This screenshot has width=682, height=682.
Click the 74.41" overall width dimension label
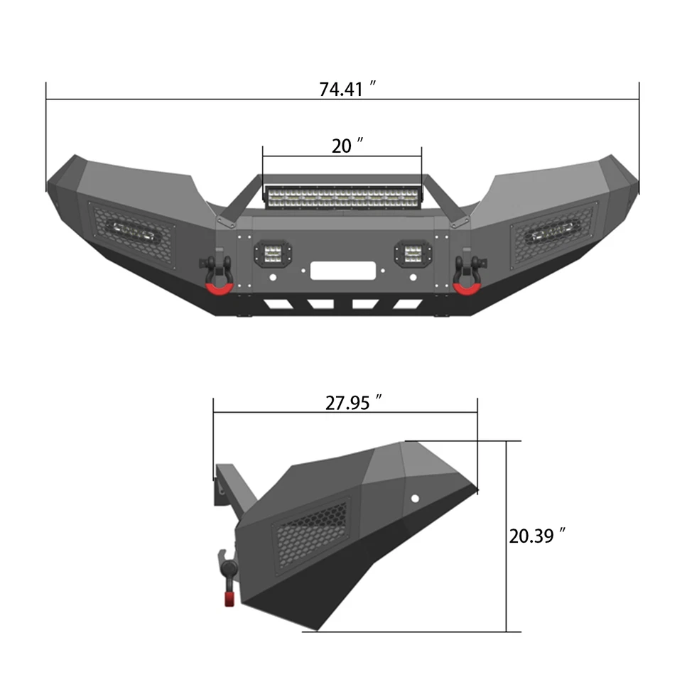tap(347, 90)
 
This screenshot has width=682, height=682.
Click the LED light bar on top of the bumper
tap(343, 196)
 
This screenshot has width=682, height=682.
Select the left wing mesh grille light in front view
tap(131, 233)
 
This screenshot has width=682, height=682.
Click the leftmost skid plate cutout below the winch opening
tap(274, 305)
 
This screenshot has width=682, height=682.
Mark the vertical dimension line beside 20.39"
tap(507, 536)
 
